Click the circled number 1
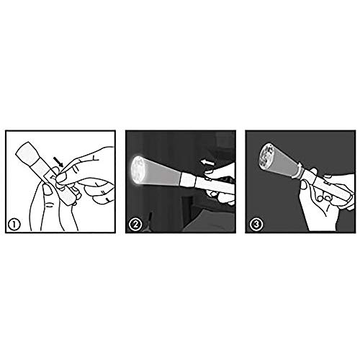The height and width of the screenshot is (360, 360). [x=14, y=225]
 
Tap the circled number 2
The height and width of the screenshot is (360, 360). [x=135, y=225]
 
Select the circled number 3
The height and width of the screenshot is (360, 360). [x=256, y=225]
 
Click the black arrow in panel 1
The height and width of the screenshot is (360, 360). [x=58, y=162]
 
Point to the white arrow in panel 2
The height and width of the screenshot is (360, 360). [x=207, y=163]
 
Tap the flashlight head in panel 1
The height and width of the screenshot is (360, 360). [x=27, y=153]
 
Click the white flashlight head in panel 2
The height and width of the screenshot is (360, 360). [x=189, y=180]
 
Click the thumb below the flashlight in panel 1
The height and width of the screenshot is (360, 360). [x=47, y=189]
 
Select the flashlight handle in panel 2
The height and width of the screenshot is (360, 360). [x=214, y=185]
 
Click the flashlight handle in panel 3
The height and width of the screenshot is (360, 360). [x=329, y=187]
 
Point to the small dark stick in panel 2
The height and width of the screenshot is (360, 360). [x=150, y=218]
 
